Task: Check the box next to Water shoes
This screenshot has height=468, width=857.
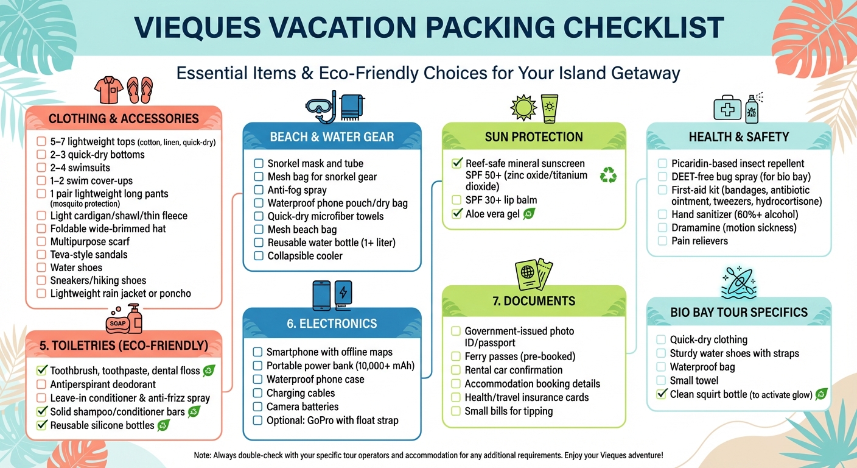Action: [41, 268]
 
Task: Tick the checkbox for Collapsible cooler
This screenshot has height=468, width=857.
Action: [259, 256]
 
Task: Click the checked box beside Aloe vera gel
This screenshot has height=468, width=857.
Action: [456, 214]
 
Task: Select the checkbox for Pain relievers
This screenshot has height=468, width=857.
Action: [663, 241]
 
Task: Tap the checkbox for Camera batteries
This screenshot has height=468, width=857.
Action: [257, 407]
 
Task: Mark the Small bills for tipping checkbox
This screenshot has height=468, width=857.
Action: [456, 411]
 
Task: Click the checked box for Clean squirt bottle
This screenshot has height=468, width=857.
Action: [662, 394]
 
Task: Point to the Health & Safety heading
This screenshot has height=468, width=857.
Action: [738, 137]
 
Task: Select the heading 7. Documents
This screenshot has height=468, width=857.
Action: [533, 301]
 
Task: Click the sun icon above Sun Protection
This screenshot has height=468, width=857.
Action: [523, 108]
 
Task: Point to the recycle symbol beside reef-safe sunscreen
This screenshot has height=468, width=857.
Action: [608, 175]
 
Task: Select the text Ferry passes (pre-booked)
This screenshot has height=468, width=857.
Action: [520, 356]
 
